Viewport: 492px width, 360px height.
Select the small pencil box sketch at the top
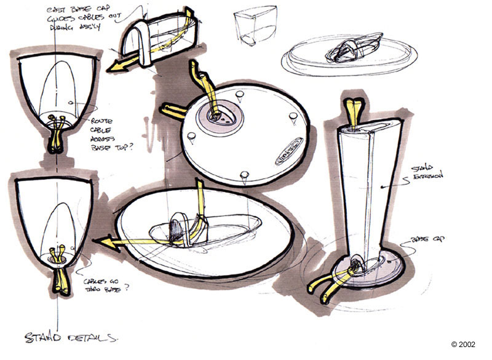point(253,28)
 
